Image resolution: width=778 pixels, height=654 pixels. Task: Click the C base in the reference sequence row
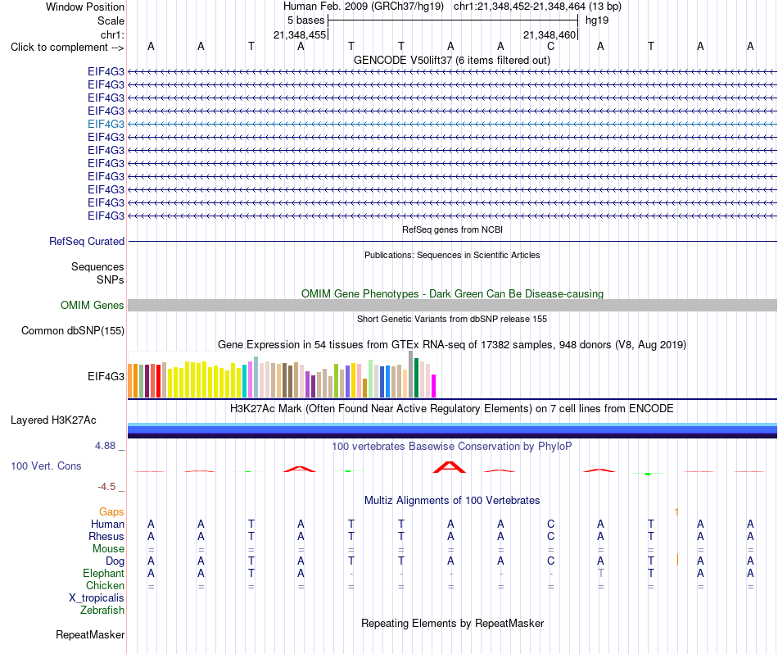click(x=551, y=47)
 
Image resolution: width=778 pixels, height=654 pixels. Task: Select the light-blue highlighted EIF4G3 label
click(x=106, y=124)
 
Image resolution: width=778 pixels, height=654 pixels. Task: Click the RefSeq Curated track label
click(x=87, y=241)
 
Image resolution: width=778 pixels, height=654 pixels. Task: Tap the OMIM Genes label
click(x=93, y=306)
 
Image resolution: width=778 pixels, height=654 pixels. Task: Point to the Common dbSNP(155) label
click(x=73, y=331)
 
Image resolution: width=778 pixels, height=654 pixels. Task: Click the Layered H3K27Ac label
click(x=53, y=420)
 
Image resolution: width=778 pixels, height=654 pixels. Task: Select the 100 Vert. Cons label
click(x=46, y=466)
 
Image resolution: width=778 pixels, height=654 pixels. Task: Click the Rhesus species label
click(x=106, y=536)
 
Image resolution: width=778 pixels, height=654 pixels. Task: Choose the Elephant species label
click(x=104, y=574)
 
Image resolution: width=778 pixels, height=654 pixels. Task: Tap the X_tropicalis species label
click(x=97, y=598)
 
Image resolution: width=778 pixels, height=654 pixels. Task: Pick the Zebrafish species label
click(x=102, y=611)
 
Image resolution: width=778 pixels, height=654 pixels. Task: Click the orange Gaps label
click(x=111, y=512)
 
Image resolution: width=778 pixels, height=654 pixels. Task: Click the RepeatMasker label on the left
click(x=90, y=634)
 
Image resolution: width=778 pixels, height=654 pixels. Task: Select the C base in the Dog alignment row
click(x=551, y=561)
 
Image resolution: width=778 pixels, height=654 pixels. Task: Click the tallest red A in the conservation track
click(x=450, y=467)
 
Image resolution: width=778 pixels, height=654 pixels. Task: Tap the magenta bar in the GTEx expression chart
click(x=434, y=386)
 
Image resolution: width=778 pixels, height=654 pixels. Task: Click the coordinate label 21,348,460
click(x=550, y=34)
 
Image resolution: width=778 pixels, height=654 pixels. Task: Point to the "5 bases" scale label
click(x=305, y=20)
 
